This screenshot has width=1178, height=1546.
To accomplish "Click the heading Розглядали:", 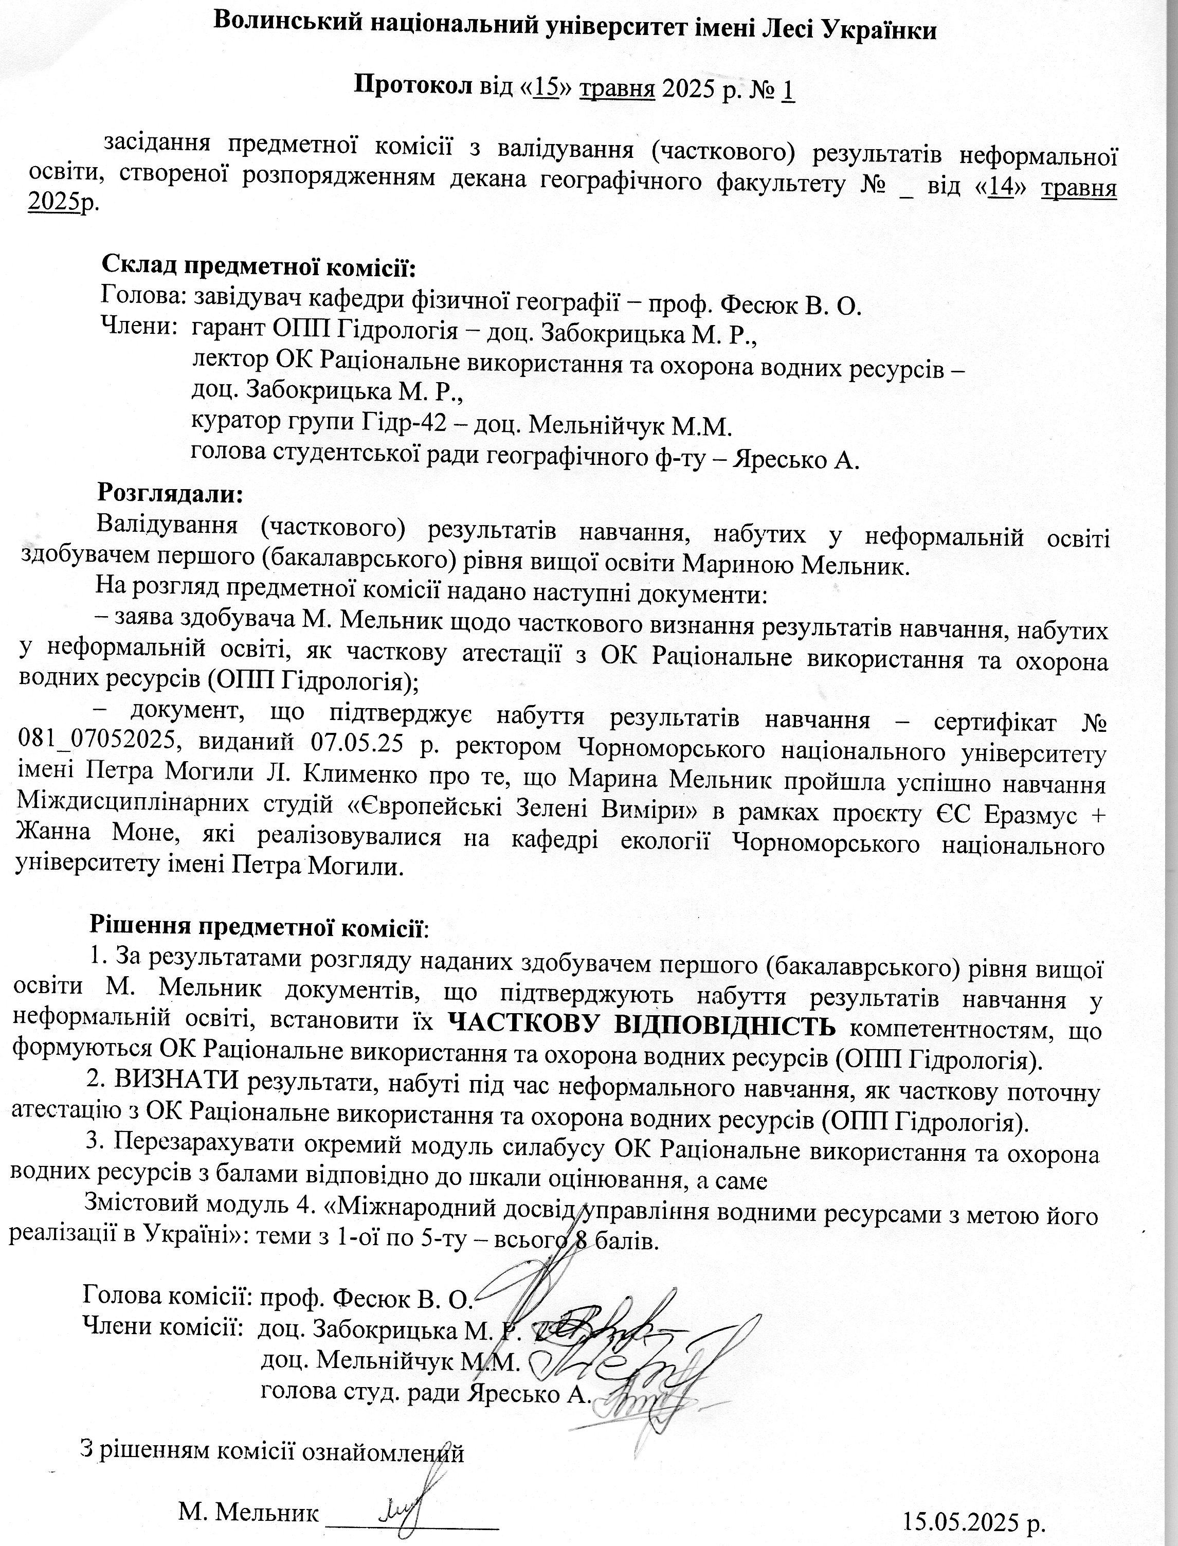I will pyautogui.click(x=170, y=492).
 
